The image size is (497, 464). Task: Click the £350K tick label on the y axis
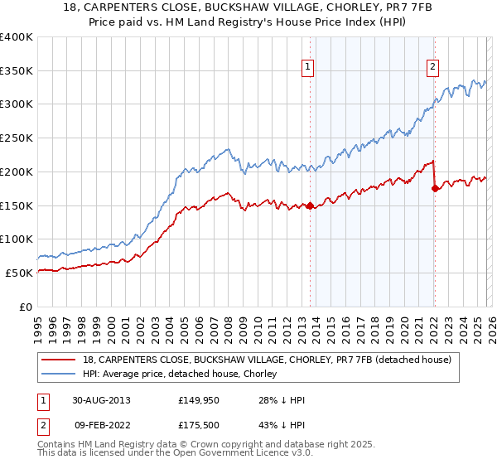click(17, 71)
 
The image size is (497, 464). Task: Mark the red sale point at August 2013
click(311, 206)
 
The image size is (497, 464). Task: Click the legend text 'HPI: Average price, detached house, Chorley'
click(181, 375)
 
